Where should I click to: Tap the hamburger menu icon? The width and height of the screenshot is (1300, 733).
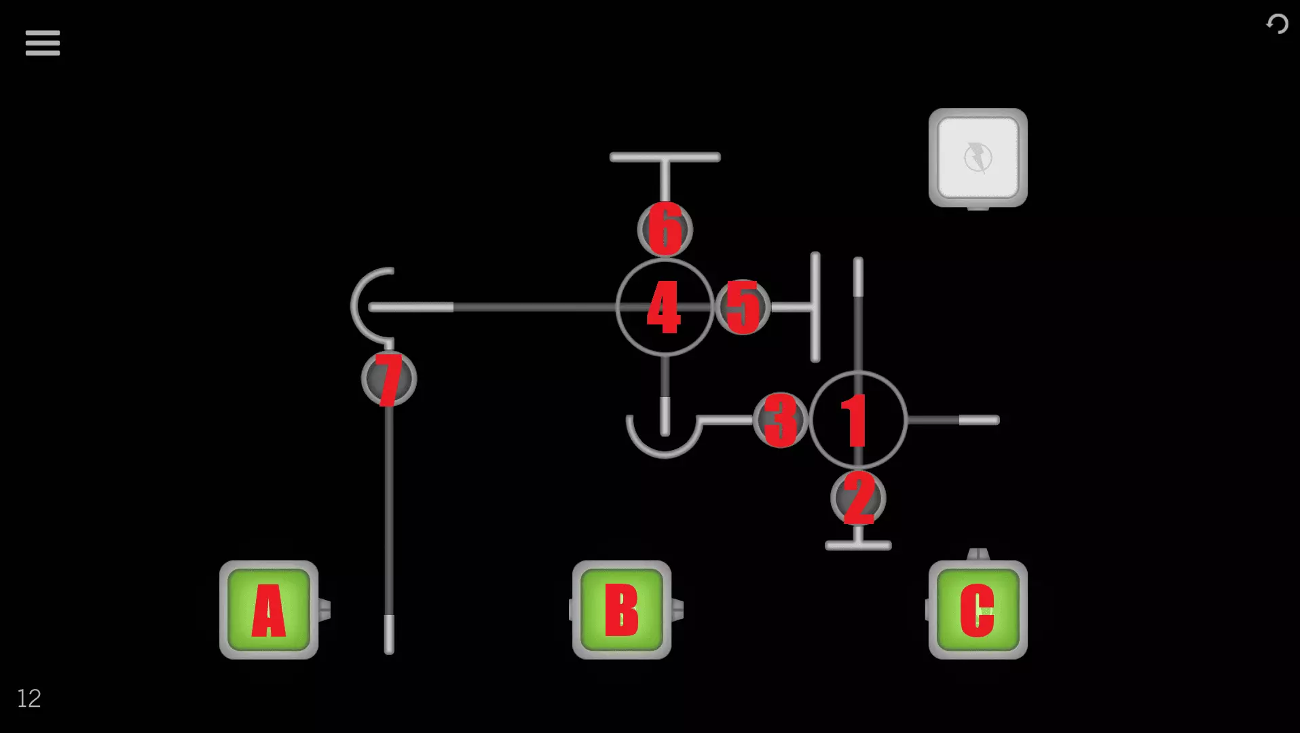pos(43,43)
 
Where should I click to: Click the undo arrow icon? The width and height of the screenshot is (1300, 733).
pos(1277,24)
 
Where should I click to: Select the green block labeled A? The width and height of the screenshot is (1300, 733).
pos(269,609)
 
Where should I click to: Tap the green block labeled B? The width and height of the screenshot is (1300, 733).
pos(622,609)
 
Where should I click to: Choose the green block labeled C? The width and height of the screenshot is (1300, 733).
pos(978,609)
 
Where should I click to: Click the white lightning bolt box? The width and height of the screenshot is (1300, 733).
pos(978,157)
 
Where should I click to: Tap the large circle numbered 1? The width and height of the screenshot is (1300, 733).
pos(858,420)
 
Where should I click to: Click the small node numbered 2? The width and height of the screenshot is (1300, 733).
pos(858,499)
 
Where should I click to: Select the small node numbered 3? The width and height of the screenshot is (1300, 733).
pos(781,420)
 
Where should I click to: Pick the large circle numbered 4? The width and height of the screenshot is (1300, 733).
pos(665,307)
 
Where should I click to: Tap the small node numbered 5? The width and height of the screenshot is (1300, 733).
pos(743,307)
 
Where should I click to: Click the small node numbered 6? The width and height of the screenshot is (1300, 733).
pos(665,229)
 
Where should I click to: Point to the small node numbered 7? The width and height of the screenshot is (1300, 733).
pos(389,379)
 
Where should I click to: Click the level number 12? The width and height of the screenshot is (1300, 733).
pos(29,698)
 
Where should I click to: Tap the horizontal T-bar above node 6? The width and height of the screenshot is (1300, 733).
pos(665,157)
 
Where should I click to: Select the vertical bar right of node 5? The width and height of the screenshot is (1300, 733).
pos(815,307)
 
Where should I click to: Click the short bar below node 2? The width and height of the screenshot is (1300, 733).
pos(858,545)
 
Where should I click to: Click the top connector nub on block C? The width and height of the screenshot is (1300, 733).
pos(978,555)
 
